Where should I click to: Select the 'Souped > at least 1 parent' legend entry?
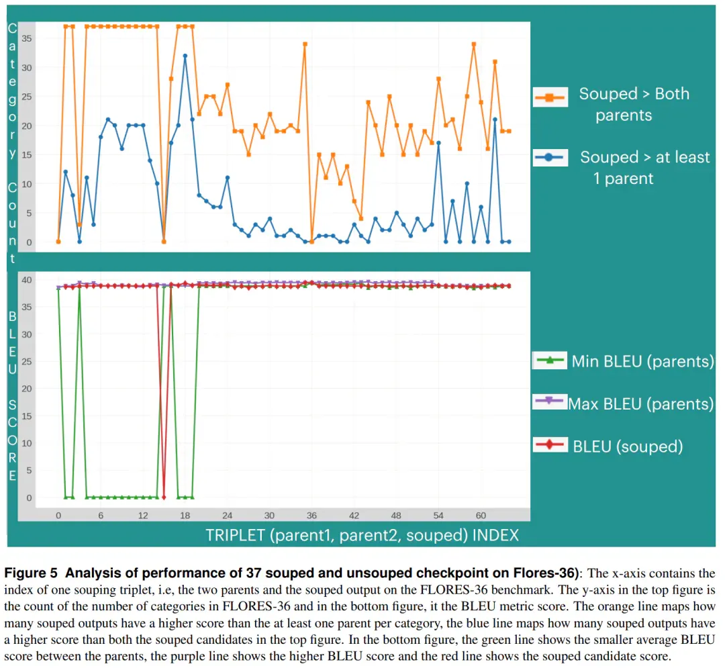[622, 167]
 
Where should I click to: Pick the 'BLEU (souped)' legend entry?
[608, 446]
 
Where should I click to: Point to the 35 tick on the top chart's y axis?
[27, 38]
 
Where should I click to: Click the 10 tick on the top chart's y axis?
[27, 184]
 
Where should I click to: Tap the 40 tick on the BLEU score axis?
[27, 280]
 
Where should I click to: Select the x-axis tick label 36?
[311, 516]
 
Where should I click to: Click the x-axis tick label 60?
[481, 516]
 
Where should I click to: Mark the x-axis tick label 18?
[185, 516]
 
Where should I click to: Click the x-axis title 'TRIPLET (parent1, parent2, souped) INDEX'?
[362, 535]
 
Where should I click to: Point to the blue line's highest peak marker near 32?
[185, 56]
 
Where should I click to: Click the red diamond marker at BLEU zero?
[164, 497]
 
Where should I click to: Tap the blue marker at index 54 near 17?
[439, 143]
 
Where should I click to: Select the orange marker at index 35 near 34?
[305, 44]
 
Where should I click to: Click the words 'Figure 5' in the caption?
[31, 573]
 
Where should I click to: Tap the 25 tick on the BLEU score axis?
[27, 361]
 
